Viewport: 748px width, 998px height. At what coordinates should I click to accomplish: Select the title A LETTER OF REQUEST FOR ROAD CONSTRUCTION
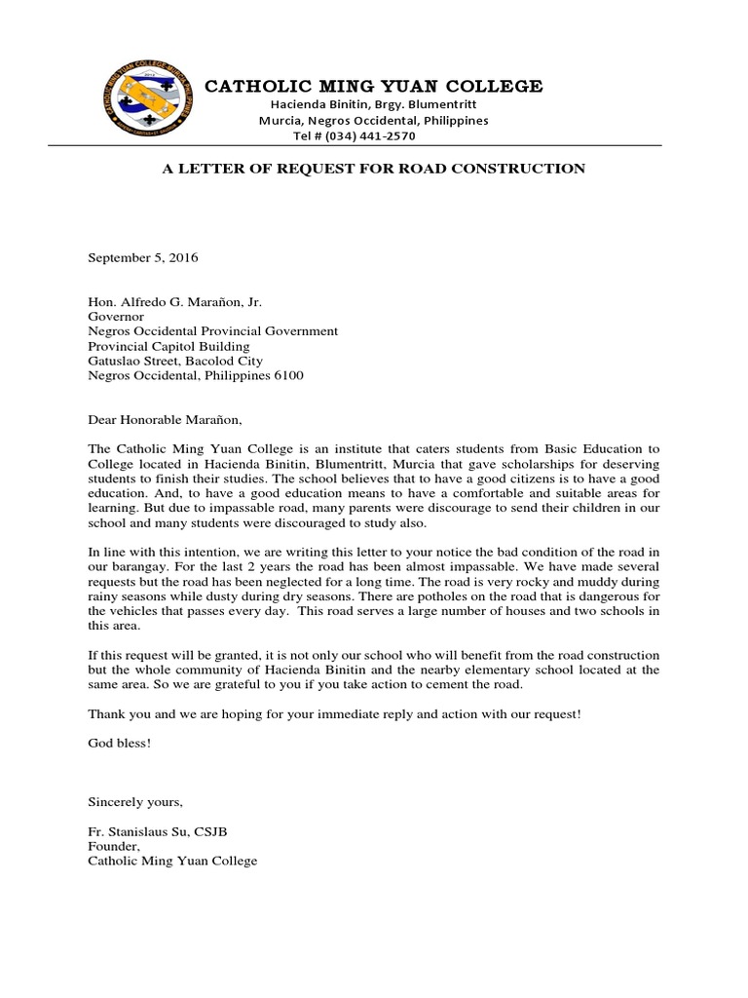(373, 169)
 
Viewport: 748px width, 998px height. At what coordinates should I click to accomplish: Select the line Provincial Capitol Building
(168, 346)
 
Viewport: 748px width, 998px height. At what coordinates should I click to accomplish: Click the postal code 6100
(288, 375)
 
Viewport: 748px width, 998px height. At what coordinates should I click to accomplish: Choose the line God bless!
(120, 743)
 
